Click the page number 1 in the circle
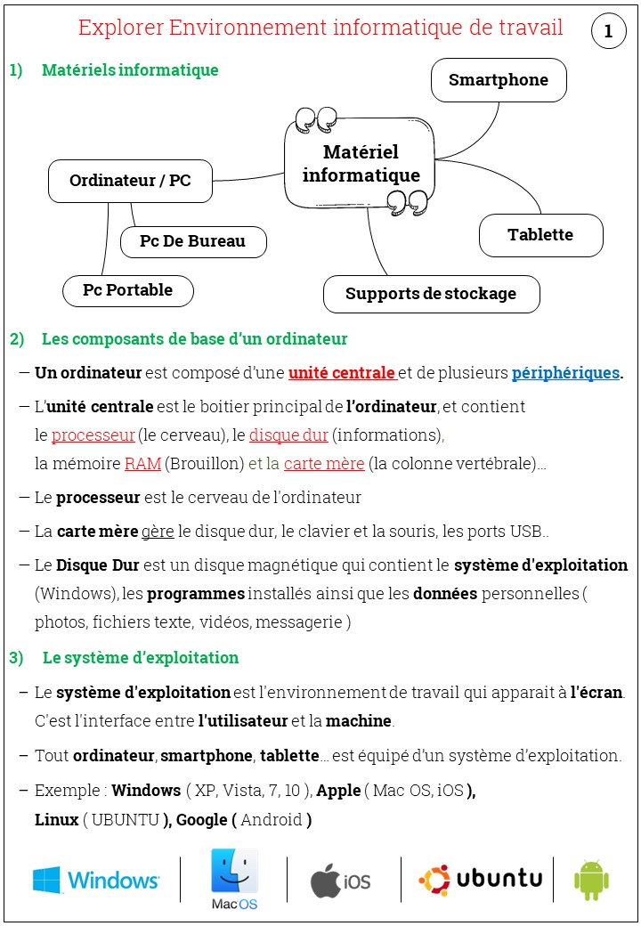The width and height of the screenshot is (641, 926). (609, 32)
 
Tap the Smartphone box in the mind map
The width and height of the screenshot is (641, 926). (499, 80)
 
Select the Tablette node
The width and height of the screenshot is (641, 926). (540, 235)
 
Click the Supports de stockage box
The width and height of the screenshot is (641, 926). (431, 294)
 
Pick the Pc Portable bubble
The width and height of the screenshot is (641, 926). (128, 290)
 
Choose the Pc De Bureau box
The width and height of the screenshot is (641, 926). (192, 240)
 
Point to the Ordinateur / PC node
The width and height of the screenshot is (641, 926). (130, 181)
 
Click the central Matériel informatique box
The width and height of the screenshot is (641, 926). (361, 164)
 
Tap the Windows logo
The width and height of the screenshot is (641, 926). (96, 881)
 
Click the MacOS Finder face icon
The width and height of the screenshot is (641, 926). (234, 872)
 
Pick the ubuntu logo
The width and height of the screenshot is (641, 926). (481, 880)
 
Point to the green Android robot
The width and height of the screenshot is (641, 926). (591, 881)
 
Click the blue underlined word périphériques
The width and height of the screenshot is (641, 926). (565, 373)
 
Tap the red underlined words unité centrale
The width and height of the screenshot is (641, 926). (342, 373)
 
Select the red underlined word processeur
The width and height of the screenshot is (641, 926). (93, 435)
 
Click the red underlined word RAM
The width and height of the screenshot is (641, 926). (142, 463)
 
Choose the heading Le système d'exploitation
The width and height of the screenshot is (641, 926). (141, 658)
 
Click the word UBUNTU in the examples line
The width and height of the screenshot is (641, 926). (125, 819)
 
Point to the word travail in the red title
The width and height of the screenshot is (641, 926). (528, 28)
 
